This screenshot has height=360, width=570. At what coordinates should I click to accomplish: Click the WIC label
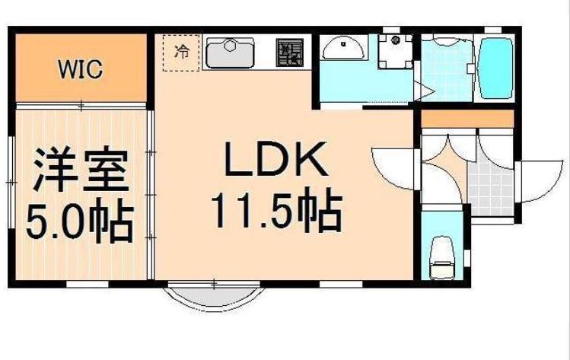[x=80, y=71]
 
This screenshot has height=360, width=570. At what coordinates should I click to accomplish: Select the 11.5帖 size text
[x=275, y=212]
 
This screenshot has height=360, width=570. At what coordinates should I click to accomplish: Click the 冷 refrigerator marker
[x=182, y=52]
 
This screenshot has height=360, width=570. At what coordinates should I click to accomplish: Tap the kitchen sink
[x=231, y=53]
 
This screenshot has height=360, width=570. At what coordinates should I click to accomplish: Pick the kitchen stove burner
[x=290, y=53]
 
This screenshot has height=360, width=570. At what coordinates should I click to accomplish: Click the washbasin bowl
[x=342, y=49]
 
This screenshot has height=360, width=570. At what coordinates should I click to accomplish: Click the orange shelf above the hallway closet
[x=468, y=119]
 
